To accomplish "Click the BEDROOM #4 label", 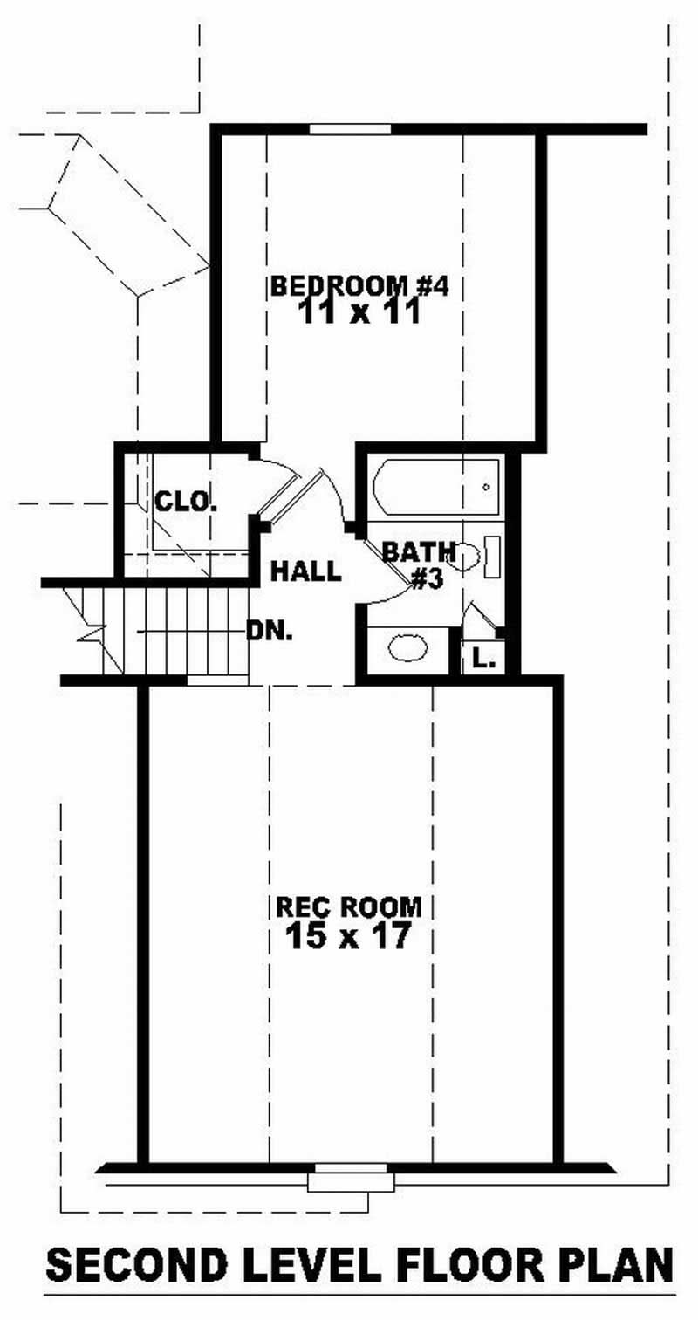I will pos(359,285).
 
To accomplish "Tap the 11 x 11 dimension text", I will pos(359,311).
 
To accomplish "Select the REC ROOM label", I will pos(349,906).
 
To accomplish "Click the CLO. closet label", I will pos(185,502).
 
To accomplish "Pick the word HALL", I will pos(305,571).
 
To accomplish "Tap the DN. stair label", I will pos(269,631).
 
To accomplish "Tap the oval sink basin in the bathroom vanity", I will pos(407,647).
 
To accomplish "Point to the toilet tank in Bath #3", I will pos(491,557).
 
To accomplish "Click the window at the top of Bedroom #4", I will pos(350,130).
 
